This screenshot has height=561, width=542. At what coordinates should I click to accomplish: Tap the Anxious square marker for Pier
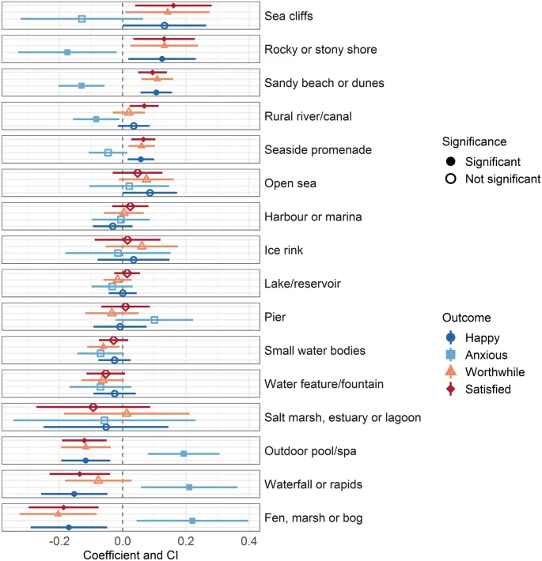(x=154, y=320)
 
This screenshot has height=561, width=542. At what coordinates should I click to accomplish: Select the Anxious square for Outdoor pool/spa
(x=184, y=454)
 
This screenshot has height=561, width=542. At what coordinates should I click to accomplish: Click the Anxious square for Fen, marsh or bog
(x=192, y=521)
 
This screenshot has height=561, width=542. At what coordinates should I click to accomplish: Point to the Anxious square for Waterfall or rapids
(x=189, y=487)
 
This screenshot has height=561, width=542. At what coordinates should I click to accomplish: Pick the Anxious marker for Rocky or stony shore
(x=67, y=52)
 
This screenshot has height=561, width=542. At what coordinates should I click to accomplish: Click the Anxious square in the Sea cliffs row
(x=81, y=18)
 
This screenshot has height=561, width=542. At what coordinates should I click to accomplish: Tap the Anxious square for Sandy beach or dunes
(x=81, y=85)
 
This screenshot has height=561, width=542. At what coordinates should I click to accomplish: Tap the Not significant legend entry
(x=502, y=179)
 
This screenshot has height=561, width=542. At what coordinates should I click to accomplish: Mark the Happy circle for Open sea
(x=150, y=193)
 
